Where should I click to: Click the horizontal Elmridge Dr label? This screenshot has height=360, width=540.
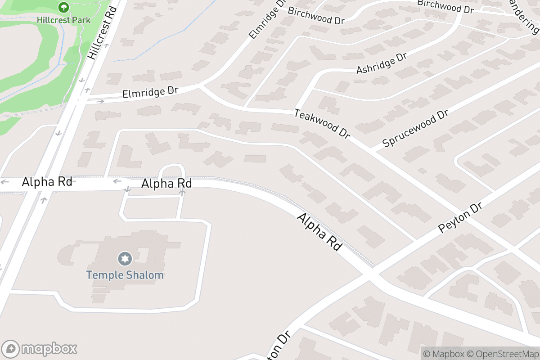(150, 92)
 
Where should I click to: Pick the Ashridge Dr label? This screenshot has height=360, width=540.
(382, 63)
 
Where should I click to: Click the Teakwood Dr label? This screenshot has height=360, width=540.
(322, 123)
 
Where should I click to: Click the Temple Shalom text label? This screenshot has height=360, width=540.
(125, 275)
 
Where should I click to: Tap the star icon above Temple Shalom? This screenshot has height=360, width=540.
(125, 259)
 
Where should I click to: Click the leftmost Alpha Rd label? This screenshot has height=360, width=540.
(47, 182)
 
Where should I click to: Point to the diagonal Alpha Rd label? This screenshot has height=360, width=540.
(319, 232)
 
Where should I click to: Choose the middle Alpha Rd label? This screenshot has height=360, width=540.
(166, 184)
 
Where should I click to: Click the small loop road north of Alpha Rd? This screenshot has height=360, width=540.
(172, 167)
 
